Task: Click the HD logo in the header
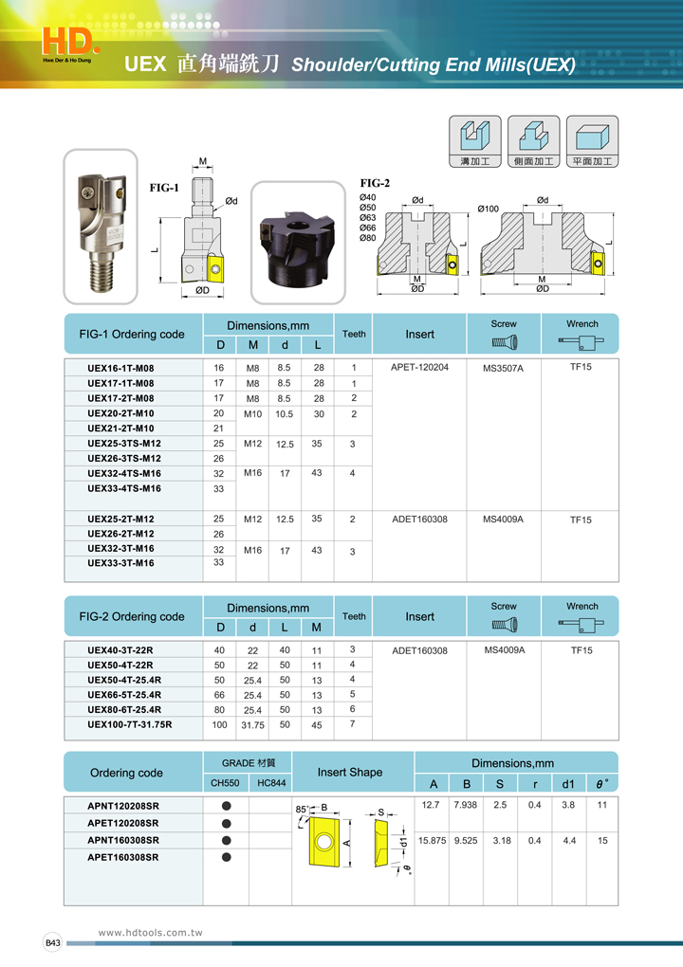click(70, 40)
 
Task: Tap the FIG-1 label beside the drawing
click(164, 188)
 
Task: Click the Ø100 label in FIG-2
click(489, 209)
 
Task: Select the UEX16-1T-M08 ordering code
click(120, 368)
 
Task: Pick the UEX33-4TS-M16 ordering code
click(124, 488)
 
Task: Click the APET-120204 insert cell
click(420, 367)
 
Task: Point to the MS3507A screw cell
click(504, 368)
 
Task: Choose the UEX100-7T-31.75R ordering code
click(130, 724)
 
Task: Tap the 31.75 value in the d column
click(252, 725)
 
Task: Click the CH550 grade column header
click(226, 783)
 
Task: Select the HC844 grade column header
click(271, 783)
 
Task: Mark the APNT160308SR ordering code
click(123, 840)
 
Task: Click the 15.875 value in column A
click(433, 840)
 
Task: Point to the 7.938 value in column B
click(467, 804)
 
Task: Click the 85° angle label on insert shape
click(303, 809)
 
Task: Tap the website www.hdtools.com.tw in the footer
click(151, 933)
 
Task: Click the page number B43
click(53, 942)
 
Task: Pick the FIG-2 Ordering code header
click(133, 616)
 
